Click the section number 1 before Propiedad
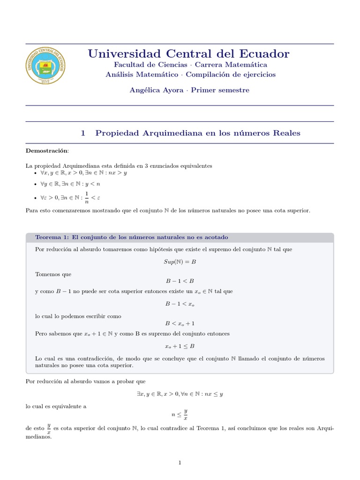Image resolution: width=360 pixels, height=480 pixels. coord(83,133)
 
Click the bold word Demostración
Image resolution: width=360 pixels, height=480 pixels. coord(46,150)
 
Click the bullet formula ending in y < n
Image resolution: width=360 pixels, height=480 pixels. coord(70,184)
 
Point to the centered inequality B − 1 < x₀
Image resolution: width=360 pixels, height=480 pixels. coord(180,304)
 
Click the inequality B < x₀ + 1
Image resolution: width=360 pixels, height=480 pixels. coord(180,323)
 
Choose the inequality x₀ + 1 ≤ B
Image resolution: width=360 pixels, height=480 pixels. coord(180,346)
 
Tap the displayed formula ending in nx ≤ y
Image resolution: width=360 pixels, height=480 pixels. coord(180,394)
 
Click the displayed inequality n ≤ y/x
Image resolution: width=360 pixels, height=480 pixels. coord(180,414)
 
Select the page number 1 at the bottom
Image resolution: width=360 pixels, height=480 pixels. coord(180,463)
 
